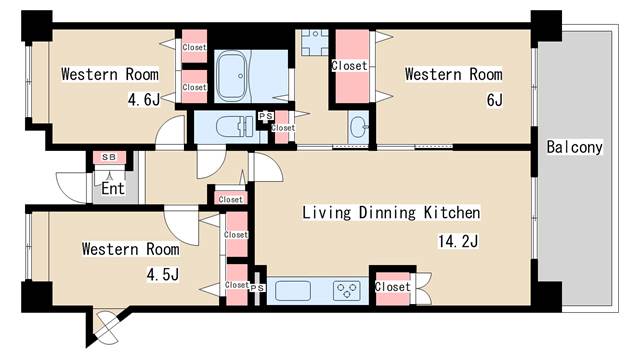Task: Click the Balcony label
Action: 574,147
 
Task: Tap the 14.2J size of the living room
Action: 458,241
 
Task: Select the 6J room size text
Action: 495,100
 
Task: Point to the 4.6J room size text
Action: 144,99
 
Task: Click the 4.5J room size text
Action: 163,274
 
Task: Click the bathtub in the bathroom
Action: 233,76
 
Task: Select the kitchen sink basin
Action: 293,291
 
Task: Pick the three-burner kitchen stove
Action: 347,291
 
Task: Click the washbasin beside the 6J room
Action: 359,127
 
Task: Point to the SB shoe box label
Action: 109,157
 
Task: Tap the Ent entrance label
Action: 113,189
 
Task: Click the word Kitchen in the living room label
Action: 452,213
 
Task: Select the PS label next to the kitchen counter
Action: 257,288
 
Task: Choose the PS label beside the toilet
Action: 266,116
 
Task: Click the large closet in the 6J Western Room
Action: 352,66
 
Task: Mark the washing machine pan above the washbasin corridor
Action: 315,42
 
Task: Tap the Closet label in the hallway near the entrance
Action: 231,200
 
